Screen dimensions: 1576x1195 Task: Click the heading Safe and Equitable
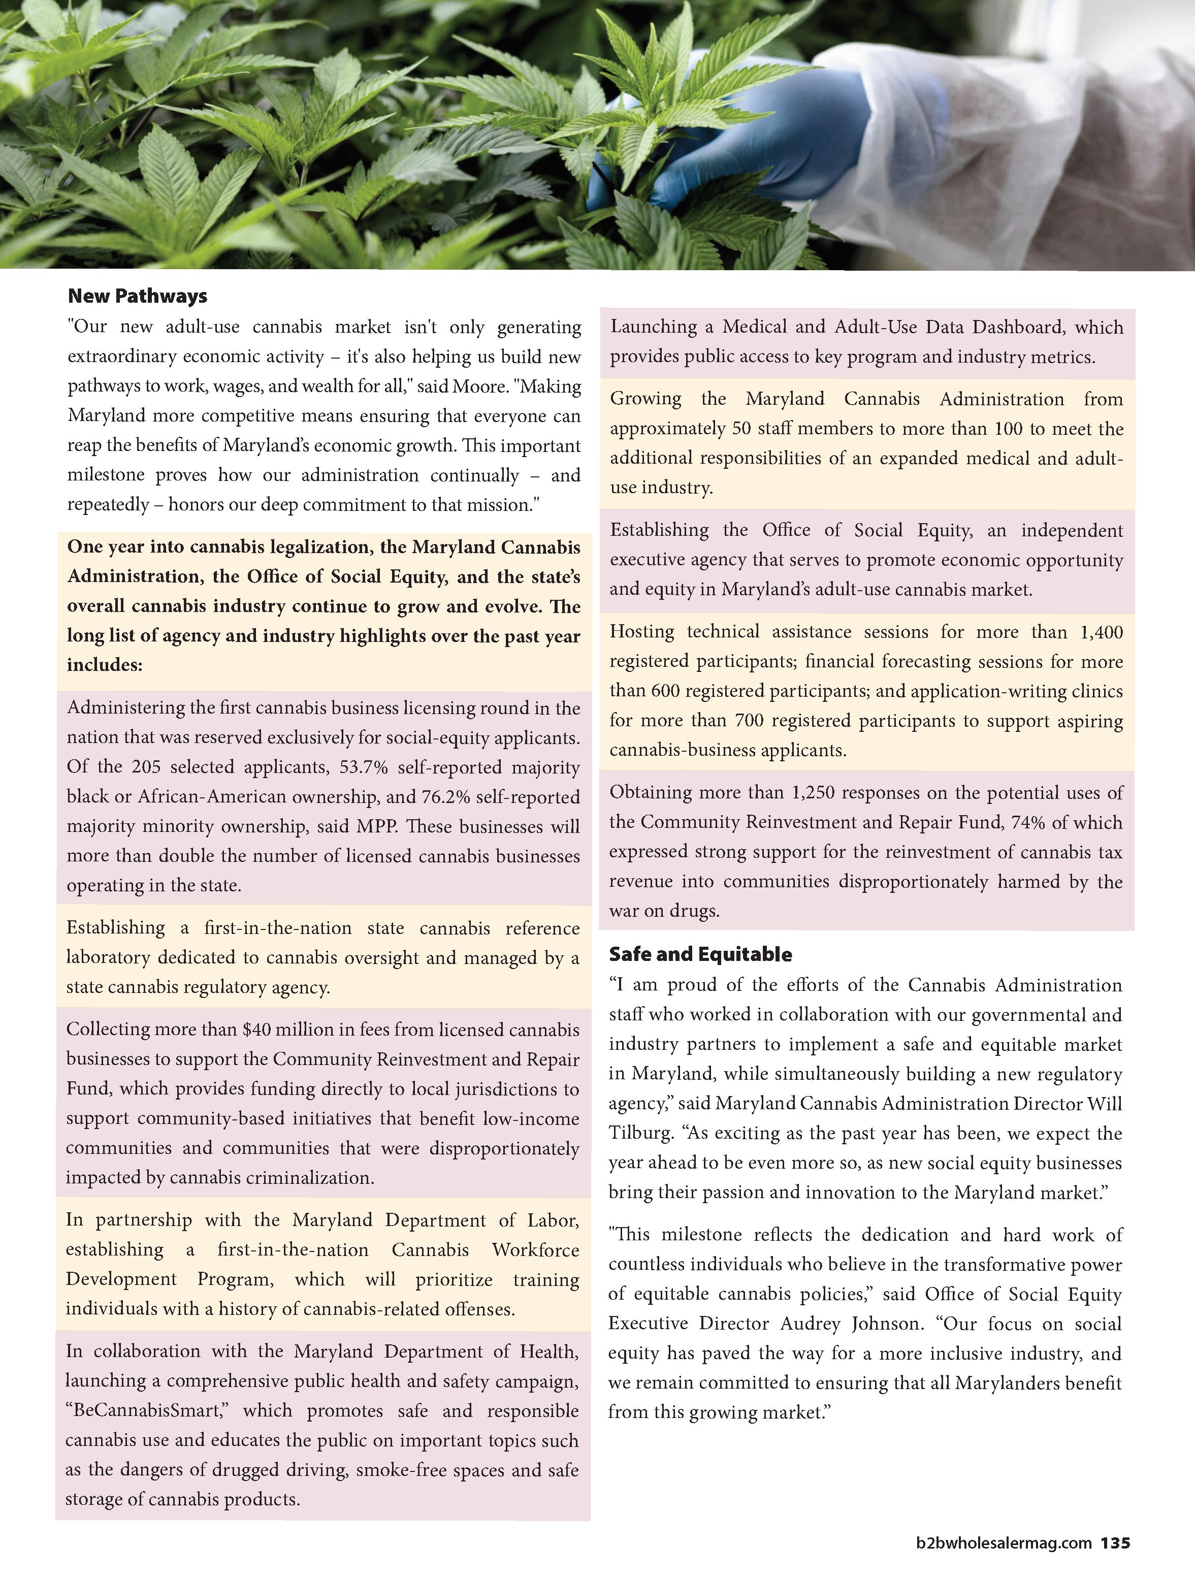click(700, 954)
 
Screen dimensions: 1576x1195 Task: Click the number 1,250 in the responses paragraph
click(814, 792)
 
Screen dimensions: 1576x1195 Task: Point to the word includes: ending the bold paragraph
click(105, 665)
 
